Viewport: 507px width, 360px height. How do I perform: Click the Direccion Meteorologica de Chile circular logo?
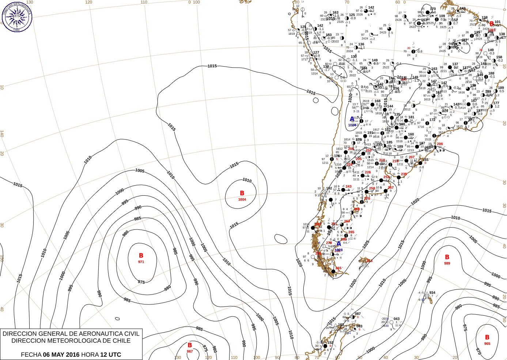17,17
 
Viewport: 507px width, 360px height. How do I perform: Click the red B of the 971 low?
141,256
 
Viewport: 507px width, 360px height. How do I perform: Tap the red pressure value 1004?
242,199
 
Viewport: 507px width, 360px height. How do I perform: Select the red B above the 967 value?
190,345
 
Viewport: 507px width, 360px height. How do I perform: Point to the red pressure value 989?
447,263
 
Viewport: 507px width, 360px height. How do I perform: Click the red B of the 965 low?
487,337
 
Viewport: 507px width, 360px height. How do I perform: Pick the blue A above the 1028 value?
339,244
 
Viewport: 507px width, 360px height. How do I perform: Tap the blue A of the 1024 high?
352,119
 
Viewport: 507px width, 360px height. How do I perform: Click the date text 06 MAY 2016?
61,355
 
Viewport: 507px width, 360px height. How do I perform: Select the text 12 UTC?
111,355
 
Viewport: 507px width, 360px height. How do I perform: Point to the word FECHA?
31,355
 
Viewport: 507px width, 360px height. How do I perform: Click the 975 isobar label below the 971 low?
141,282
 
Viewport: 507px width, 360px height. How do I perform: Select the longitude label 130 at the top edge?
30,2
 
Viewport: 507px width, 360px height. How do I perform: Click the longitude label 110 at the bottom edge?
234,357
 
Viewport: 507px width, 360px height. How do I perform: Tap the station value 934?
432,293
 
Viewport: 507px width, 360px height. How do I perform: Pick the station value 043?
397,319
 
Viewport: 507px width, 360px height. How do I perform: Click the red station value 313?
370,260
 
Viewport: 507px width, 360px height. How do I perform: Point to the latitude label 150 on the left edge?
2,258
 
